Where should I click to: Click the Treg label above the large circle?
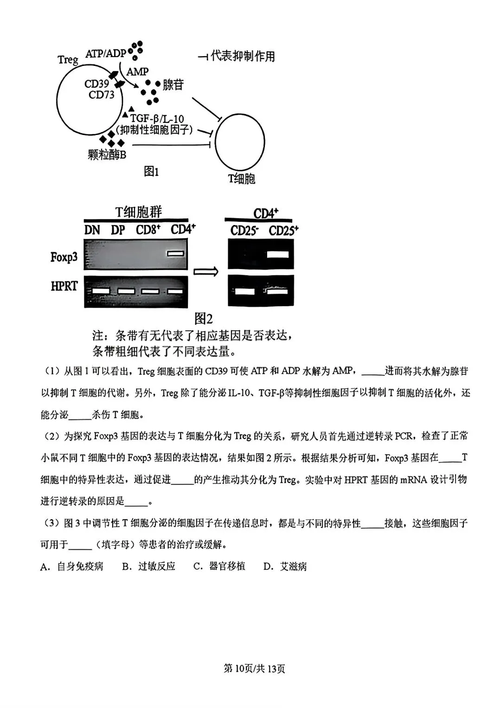pos(68,60)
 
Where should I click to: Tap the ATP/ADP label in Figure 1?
pos(106,53)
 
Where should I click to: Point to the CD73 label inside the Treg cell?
pos(101,95)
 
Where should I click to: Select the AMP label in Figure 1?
pos(137,72)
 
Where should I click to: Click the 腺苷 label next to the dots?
pos(173,84)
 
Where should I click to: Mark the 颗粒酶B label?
pos(107,154)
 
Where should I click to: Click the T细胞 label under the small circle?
pos(242,179)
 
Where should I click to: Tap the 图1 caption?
pos(151,172)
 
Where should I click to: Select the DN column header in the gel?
pos(92,230)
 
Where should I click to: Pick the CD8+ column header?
pos(148,230)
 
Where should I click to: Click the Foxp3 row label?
pos(64,257)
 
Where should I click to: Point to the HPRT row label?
pos(64,286)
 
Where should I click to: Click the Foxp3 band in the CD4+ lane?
pos(176,253)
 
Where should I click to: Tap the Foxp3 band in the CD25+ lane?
pos(278,254)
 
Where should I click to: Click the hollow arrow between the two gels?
pos(206,272)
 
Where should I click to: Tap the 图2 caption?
pos(203,319)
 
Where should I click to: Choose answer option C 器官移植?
pos(219,566)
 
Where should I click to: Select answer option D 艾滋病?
pos(285,566)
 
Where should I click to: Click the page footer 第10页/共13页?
pos(254,669)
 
